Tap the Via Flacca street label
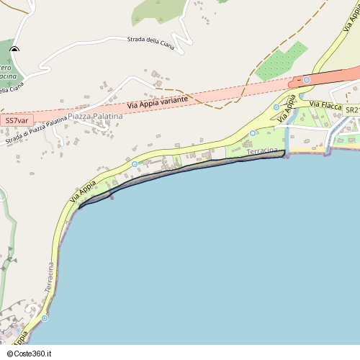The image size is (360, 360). (325, 105)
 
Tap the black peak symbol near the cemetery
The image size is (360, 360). (14, 50)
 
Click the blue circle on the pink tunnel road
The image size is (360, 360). (307, 79)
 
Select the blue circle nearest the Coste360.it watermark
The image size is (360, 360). (45, 318)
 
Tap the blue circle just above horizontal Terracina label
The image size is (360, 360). (253, 133)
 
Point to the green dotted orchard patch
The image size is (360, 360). (281, 61)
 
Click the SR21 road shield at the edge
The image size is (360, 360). (351, 109)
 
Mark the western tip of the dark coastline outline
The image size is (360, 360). (78, 208)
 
